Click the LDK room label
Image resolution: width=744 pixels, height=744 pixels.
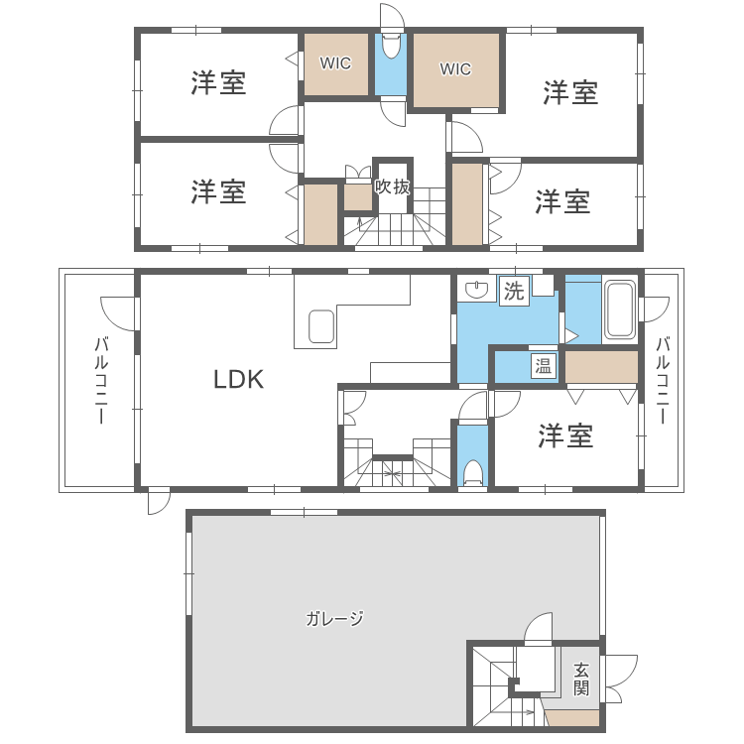click(x=238, y=379)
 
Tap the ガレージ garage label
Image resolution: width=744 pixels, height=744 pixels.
click(x=334, y=618)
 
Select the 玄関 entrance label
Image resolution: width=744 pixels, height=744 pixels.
click(x=581, y=679)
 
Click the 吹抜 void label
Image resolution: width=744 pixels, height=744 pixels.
click(x=392, y=186)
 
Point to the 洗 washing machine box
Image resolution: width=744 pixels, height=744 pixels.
click(x=514, y=291)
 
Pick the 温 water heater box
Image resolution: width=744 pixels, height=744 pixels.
click(x=544, y=366)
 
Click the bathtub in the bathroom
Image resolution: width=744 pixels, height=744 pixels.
click(x=620, y=310)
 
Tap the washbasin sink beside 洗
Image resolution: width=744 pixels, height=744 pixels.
click(x=476, y=290)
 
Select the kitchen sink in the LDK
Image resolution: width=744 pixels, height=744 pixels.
click(x=321, y=326)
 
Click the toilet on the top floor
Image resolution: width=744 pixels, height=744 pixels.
click(x=392, y=46)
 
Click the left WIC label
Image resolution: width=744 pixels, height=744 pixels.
click(x=335, y=63)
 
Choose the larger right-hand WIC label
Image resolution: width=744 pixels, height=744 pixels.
click(x=455, y=69)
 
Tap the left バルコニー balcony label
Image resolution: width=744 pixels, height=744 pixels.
click(x=101, y=380)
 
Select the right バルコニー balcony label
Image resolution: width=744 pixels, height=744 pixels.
click(x=663, y=380)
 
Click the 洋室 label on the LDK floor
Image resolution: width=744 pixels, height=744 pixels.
click(x=565, y=436)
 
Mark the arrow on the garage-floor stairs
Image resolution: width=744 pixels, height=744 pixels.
click(x=513, y=711)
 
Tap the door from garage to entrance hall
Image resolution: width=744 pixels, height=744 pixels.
click(x=539, y=627)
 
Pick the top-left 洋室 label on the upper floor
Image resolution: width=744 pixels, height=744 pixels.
click(x=218, y=82)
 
